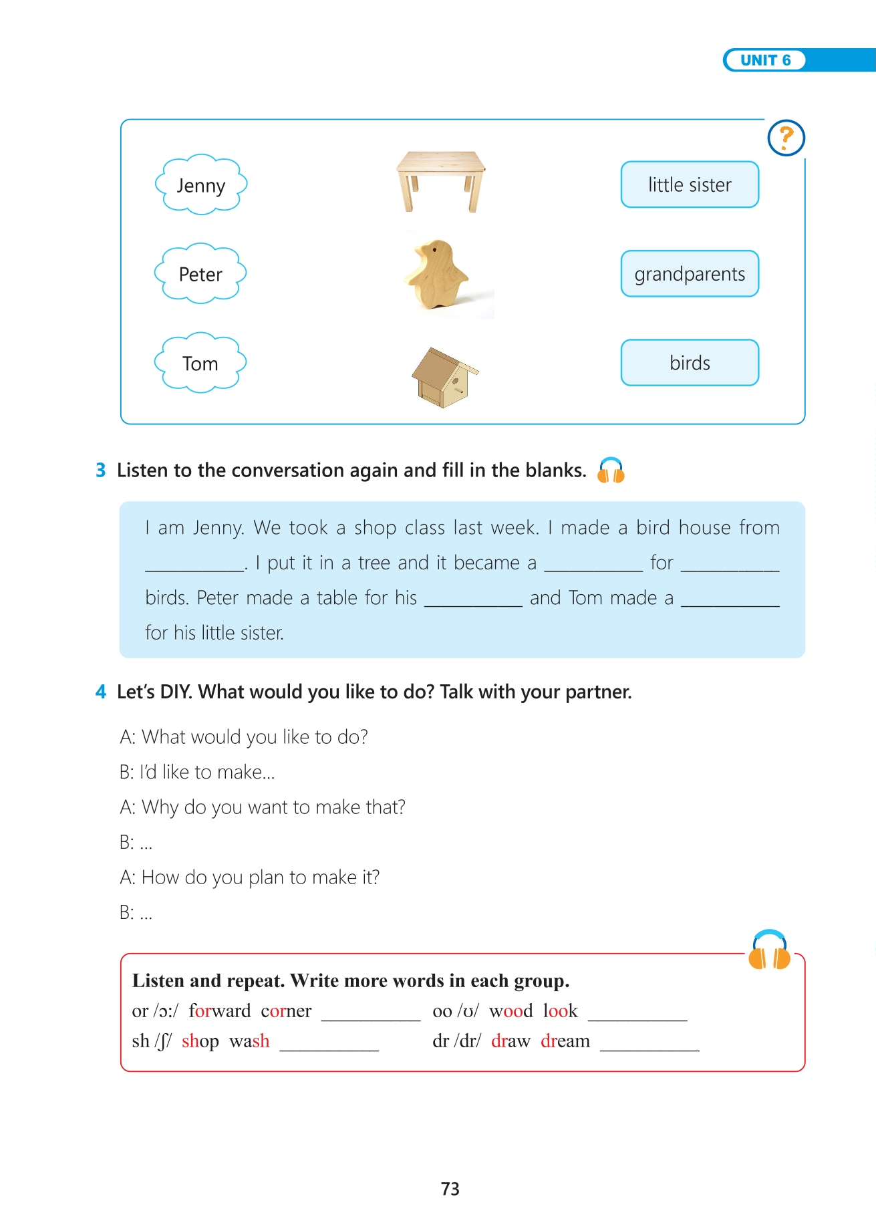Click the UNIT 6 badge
pyautogui.click(x=765, y=60)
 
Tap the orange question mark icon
pyautogui.click(x=786, y=138)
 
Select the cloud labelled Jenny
pyautogui.click(x=201, y=185)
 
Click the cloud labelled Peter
pyautogui.click(x=200, y=274)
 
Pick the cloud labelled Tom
pyautogui.click(x=200, y=363)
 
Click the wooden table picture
pyautogui.click(x=440, y=180)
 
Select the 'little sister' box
pyautogui.click(x=690, y=184)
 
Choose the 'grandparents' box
pyautogui.click(x=690, y=274)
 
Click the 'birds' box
pyautogui.click(x=690, y=363)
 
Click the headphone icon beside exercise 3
pyautogui.click(x=611, y=470)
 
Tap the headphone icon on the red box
pyautogui.click(x=769, y=951)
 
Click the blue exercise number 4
pyautogui.click(x=101, y=692)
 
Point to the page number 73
pyautogui.click(x=450, y=1189)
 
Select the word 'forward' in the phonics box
pyautogui.click(x=220, y=1010)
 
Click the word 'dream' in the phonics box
pyautogui.click(x=565, y=1041)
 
